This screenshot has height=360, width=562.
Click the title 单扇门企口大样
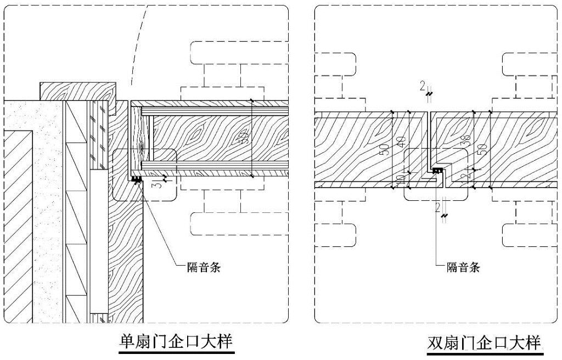tap(176, 341)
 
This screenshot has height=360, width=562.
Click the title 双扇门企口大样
tap(484, 344)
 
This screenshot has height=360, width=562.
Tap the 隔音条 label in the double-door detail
tap(463, 267)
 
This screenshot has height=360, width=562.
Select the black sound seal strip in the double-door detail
tap(437, 171)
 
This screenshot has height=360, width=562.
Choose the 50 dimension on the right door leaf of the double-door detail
tap(481, 148)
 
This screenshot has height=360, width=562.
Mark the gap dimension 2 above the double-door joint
tap(422, 86)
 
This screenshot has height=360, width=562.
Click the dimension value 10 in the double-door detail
tap(401, 179)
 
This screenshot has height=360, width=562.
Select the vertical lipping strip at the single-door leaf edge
tap(137, 140)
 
